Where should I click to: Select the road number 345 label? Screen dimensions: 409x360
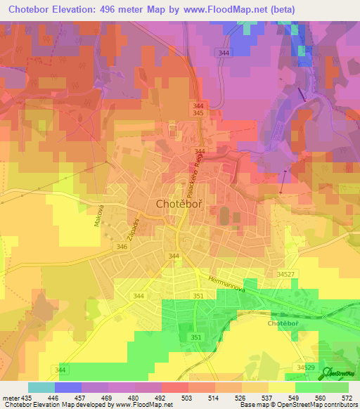pos(199,113)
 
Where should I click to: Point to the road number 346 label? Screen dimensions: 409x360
pos(122,247)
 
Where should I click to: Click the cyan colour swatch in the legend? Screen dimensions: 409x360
pos(41,387)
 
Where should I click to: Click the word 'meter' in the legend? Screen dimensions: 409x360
pos(11,397)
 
